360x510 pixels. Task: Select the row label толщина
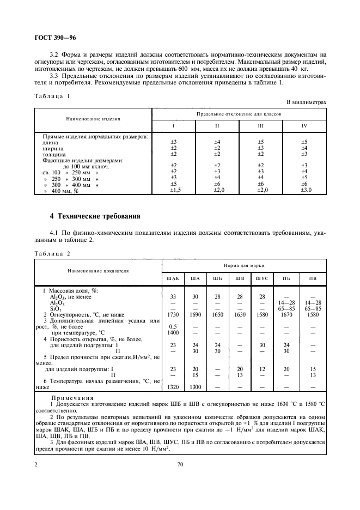tap(55, 154)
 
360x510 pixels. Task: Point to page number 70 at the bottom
tap(180, 464)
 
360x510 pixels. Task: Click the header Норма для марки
tap(244, 265)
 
